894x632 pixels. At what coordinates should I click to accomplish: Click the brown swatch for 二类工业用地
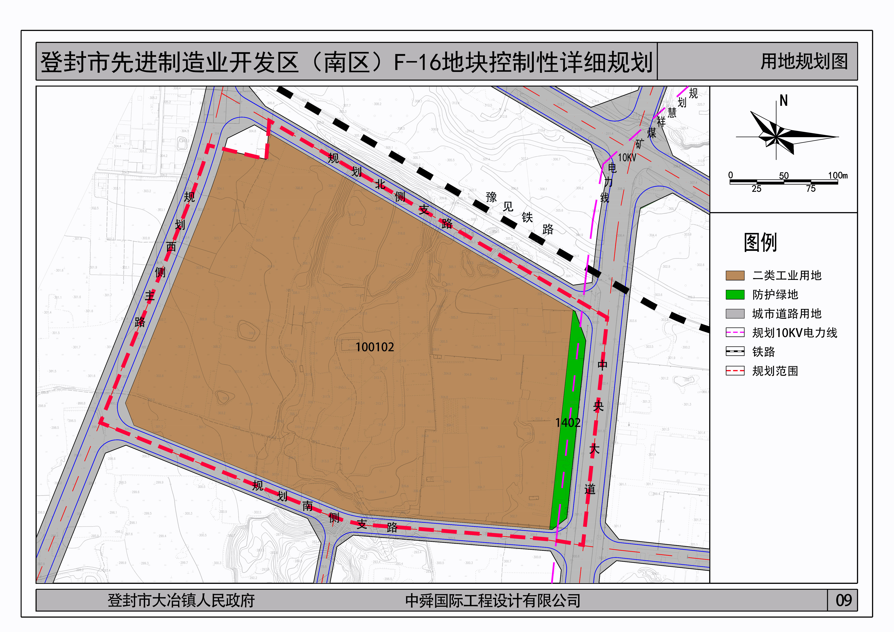(735, 275)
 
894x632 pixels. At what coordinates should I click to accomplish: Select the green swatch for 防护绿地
(735, 295)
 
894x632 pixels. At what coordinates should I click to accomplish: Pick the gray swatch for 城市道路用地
(735, 314)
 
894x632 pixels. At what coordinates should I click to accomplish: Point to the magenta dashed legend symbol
(735, 333)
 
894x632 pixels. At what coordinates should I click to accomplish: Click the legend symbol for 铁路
(735, 352)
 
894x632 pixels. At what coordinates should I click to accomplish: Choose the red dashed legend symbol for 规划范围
(735, 371)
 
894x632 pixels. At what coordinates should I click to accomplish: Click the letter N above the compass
(783, 101)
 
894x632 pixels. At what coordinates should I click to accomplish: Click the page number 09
(843, 600)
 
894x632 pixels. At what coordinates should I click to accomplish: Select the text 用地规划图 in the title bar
(804, 62)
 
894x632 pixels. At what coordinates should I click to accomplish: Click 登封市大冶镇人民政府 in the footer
(181, 600)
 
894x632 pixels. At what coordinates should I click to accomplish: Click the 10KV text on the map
(627, 158)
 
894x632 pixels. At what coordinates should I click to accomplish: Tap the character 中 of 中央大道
(602, 365)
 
